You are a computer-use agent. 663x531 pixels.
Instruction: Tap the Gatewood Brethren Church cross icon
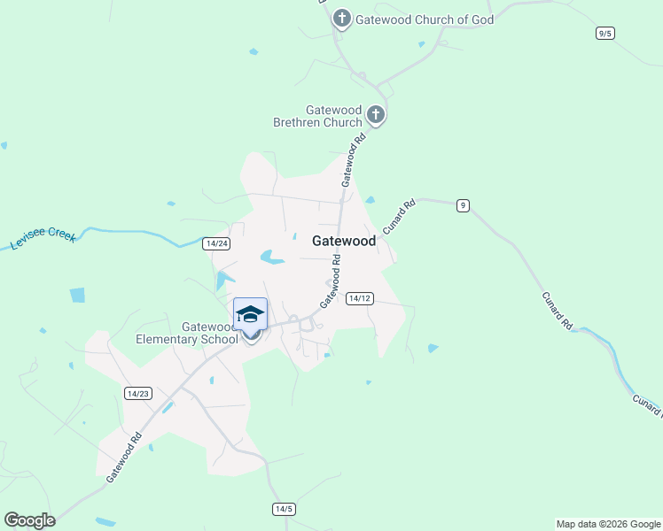tap(376, 115)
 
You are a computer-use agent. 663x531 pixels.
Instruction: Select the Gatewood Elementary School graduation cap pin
tap(250, 315)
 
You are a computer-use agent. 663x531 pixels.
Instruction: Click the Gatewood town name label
tap(344, 241)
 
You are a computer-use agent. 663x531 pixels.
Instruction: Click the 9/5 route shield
tap(605, 33)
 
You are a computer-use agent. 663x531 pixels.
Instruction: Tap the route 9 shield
tap(463, 205)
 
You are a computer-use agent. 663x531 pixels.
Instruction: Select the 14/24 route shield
tap(216, 243)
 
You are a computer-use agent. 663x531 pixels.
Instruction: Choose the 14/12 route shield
tap(359, 298)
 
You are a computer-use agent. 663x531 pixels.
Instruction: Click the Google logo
tap(29, 520)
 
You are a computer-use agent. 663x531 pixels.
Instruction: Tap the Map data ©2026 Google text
tap(608, 524)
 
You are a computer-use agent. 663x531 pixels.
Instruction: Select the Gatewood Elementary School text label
tap(186, 333)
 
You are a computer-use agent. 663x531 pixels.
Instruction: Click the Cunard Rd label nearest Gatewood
tap(400, 216)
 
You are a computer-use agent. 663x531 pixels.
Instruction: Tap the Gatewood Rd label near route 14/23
tap(125, 456)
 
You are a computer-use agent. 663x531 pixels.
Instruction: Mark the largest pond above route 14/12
tap(272, 258)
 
